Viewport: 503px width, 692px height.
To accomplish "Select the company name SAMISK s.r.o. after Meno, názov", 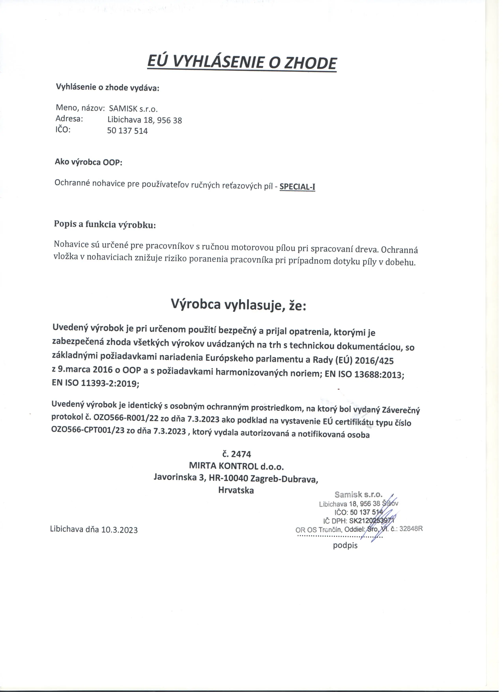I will pyautogui.click(x=133, y=109).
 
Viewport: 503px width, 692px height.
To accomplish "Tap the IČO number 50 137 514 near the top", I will pyautogui.click(x=127, y=131).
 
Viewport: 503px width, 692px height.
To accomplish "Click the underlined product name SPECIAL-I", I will pyautogui.click(x=297, y=187).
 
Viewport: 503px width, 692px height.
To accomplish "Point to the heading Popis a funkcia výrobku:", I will pyautogui.click(x=105, y=225).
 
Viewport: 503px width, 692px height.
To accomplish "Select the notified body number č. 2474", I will pyautogui.click(x=237, y=454).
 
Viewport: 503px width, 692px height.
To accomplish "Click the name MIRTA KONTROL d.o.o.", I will pyautogui.click(x=236, y=466).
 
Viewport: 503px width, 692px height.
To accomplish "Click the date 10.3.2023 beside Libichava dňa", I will pyautogui.click(x=120, y=530).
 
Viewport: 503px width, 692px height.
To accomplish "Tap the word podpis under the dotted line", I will pyautogui.click(x=345, y=545).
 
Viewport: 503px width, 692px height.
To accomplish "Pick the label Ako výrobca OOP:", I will pyautogui.click(x=88, y=162).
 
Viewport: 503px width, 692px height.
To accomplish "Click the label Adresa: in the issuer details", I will pyautogui.click(x=69, y=119).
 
